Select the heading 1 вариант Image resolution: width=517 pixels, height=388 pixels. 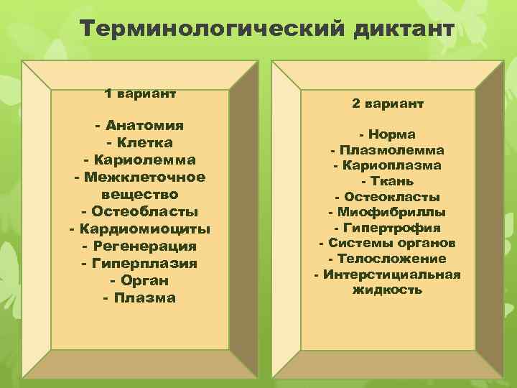(140, 93)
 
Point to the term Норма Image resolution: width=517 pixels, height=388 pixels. (391, 134)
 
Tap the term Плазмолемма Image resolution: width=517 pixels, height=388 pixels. (391, 150)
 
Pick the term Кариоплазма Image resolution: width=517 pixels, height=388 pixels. (391, 165)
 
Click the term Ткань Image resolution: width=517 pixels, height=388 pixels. (391, 181)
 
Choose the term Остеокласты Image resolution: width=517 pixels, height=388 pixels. (391, 197)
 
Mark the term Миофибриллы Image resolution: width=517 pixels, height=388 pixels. (391, 212)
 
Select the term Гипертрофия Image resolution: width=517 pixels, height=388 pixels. (391, 228)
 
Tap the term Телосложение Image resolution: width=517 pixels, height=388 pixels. (391, 259)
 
